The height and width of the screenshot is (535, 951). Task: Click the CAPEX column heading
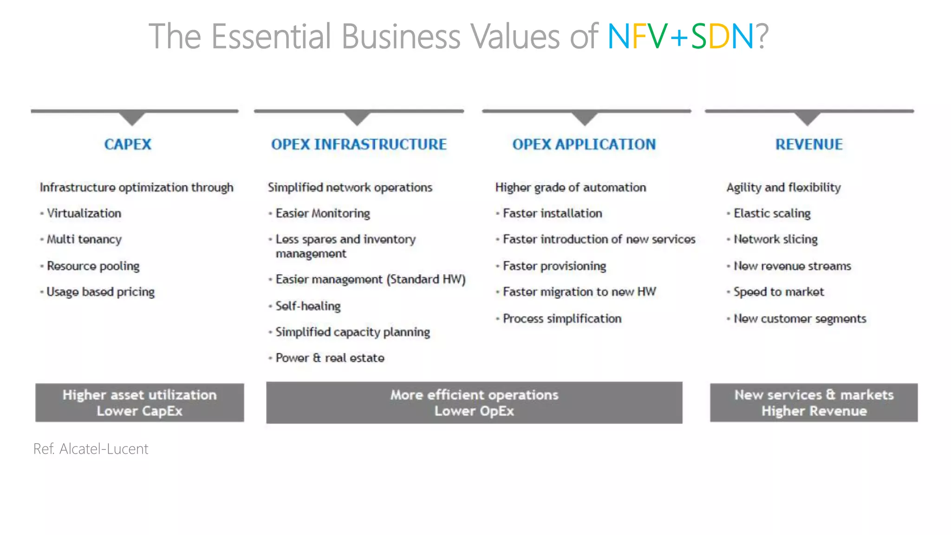click(128, 144)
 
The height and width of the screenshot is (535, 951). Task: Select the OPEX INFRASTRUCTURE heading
click(358, 144)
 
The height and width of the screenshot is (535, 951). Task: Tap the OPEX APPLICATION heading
click(584, 144)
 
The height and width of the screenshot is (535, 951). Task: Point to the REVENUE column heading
click(808, 144)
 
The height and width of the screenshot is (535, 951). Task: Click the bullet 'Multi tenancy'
click(84, 239)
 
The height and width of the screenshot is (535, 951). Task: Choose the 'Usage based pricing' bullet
click(100, 292)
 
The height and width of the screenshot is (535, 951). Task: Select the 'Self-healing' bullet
click(308, 306)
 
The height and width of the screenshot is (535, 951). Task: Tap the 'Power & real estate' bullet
click(330, 358)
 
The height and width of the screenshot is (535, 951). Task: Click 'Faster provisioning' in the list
click(554, 266)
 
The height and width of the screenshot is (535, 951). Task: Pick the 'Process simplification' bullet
click(562, 319)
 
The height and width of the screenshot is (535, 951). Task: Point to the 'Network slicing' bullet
click(775, 239)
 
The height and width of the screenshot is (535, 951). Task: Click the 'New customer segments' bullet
click(800, 319)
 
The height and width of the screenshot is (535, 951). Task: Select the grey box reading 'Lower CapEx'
click(139, 403)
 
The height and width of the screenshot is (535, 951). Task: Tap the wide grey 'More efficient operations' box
click(474, 403)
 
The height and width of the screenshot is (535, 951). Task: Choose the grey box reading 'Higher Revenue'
click(814, 403)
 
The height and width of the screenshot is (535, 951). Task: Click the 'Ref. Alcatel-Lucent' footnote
click(91, 449)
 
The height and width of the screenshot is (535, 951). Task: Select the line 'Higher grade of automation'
click(570, 188)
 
